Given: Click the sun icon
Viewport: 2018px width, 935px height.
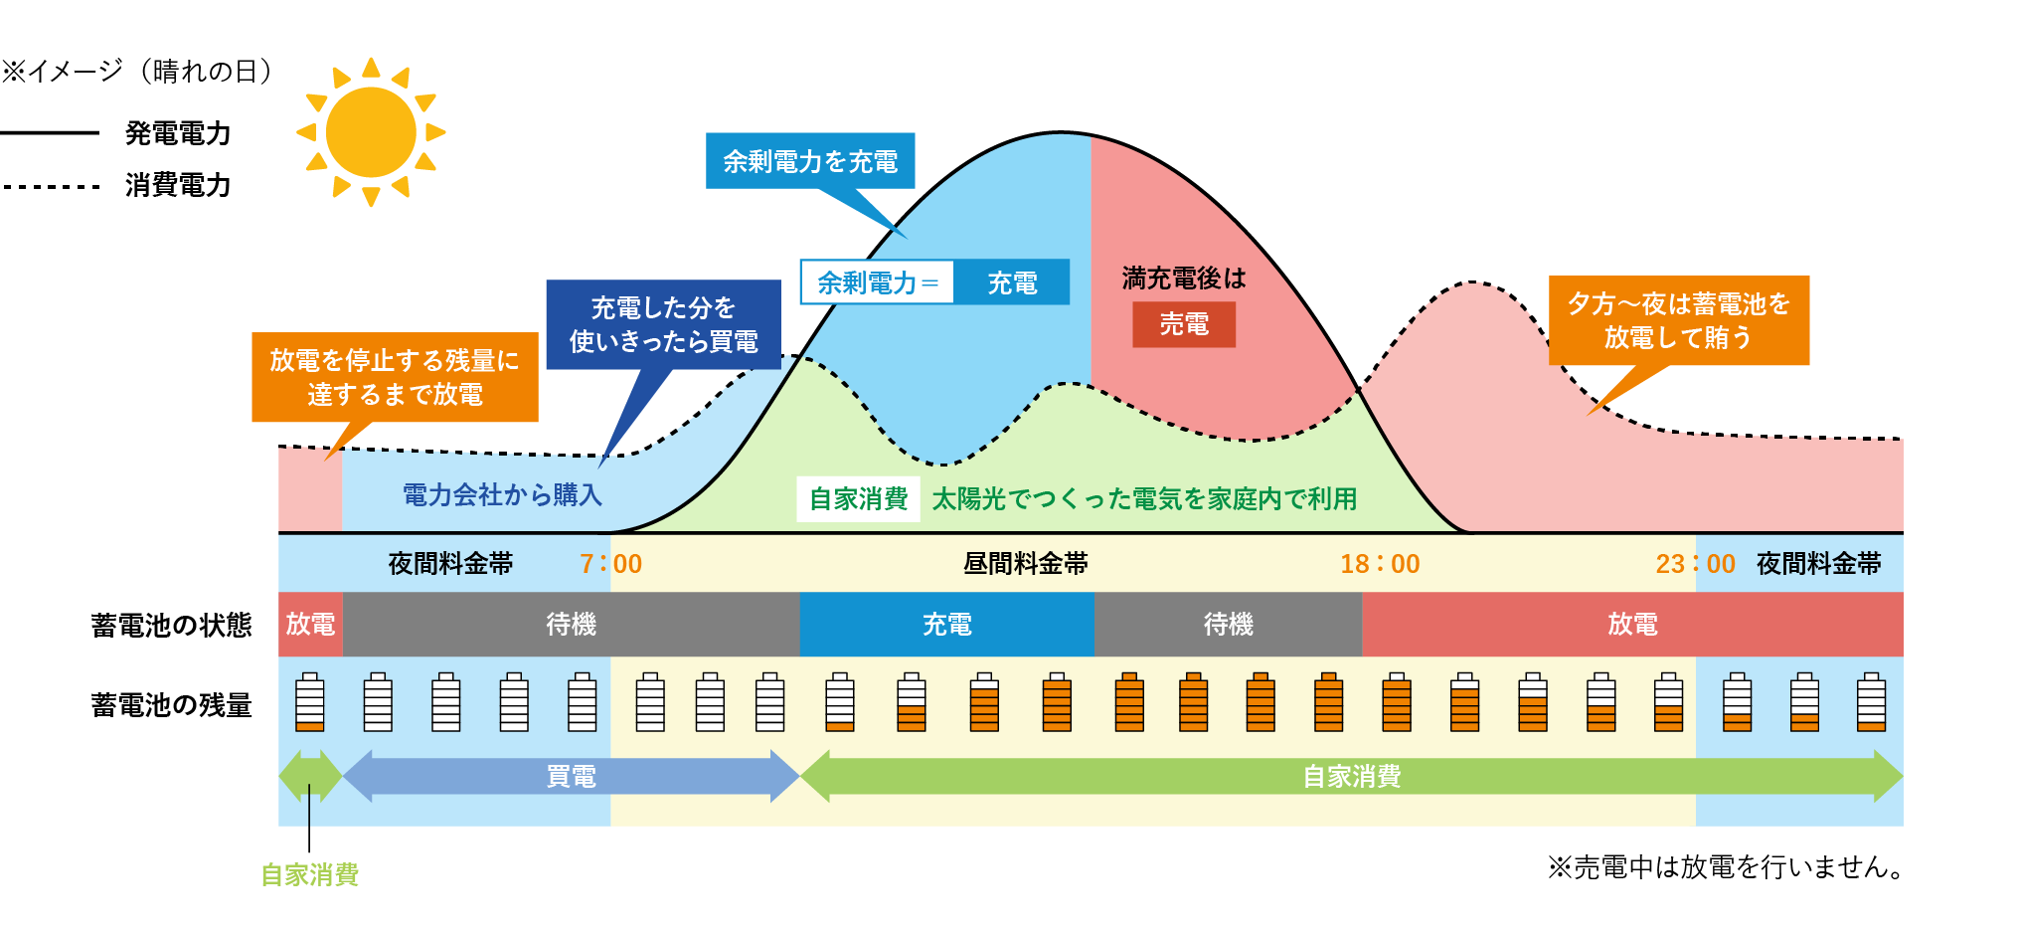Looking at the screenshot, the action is (x=371, y=132).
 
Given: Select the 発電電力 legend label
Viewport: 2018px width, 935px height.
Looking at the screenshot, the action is (x=178, y=133).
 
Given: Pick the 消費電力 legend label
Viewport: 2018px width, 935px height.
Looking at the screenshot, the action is (x=178, y=185).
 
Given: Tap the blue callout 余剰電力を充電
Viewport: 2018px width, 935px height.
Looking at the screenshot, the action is (x=810, y=161).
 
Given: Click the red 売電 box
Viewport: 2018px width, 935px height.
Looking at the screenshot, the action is (x=1184, y=324).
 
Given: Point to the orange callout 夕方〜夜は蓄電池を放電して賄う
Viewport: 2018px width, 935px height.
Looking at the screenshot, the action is (x=1679, y=320).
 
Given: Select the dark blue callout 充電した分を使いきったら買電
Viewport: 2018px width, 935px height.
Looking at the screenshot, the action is (x=663, y=324).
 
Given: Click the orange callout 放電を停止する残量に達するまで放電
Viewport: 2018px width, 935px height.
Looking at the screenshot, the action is (x=395, y=377).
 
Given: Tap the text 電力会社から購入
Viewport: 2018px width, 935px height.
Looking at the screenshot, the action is (x=502, y=494).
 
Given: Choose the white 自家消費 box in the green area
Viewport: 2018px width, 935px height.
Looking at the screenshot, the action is (x=859, y=498).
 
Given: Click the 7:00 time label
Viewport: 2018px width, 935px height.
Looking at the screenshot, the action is (x=610, y=564).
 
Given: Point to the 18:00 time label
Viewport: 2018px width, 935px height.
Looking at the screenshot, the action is (x=1380, y=564).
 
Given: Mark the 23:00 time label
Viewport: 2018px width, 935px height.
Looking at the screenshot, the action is (x=1695, y=564).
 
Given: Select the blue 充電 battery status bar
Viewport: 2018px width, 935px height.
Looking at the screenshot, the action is (x=946, y=625).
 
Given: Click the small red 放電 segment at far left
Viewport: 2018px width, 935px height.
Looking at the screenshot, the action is (x=310, y=625).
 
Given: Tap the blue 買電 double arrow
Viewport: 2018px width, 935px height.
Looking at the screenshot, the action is (x=572, y=776).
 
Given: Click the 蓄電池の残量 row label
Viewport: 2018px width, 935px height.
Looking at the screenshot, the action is (x=171, y=705).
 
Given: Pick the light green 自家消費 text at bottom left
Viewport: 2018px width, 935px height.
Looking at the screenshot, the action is (x=310, y=874).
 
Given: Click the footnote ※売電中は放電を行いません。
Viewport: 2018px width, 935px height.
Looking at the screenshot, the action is (x=1725, y=867).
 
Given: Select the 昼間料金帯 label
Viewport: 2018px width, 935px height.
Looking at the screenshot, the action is (x=1025, y=564).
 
